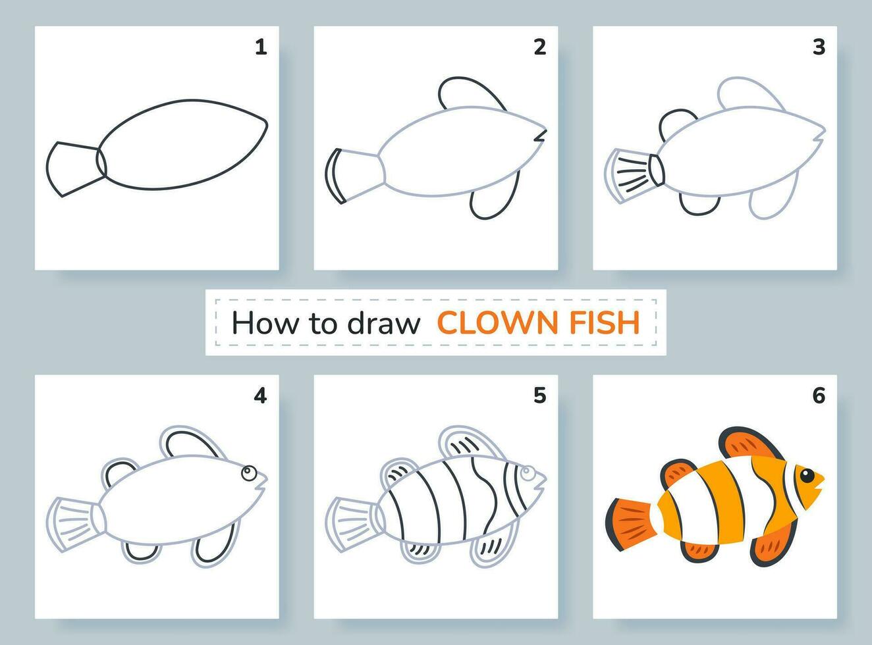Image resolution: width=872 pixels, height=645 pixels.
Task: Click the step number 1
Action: click(x=261, y=47)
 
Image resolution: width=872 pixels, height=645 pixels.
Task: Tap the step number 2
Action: click(x=540, y=47)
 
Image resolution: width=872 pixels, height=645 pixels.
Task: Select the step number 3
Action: click(x=819, y=47)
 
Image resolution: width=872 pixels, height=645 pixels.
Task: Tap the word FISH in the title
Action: click(x=606, y=322)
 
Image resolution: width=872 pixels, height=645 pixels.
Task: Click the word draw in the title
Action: click(x=389, y=322)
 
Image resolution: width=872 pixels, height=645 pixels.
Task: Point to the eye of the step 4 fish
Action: click(x=248, y=471)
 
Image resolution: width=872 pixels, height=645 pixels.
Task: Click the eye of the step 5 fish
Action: click(x=527, y=473)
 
